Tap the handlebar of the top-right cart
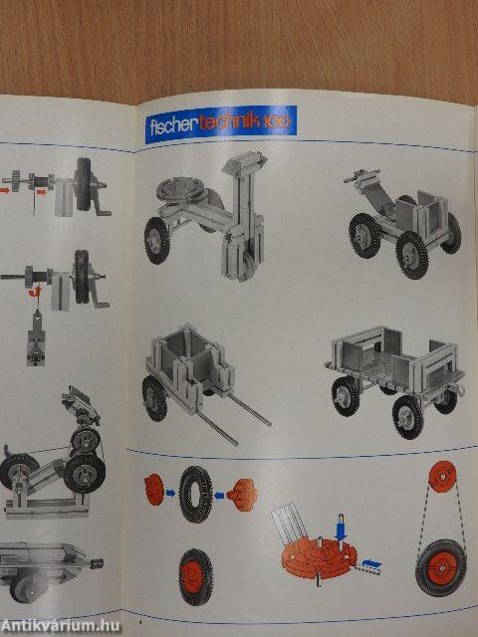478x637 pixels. point(359,176)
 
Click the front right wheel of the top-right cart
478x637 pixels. point(412,254)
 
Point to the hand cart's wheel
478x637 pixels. point(155,397)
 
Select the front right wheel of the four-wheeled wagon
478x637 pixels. point(408,416)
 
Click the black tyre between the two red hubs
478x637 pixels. point(195,493)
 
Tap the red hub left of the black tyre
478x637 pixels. point(154,490)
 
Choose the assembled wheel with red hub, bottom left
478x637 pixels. point(194,576)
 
